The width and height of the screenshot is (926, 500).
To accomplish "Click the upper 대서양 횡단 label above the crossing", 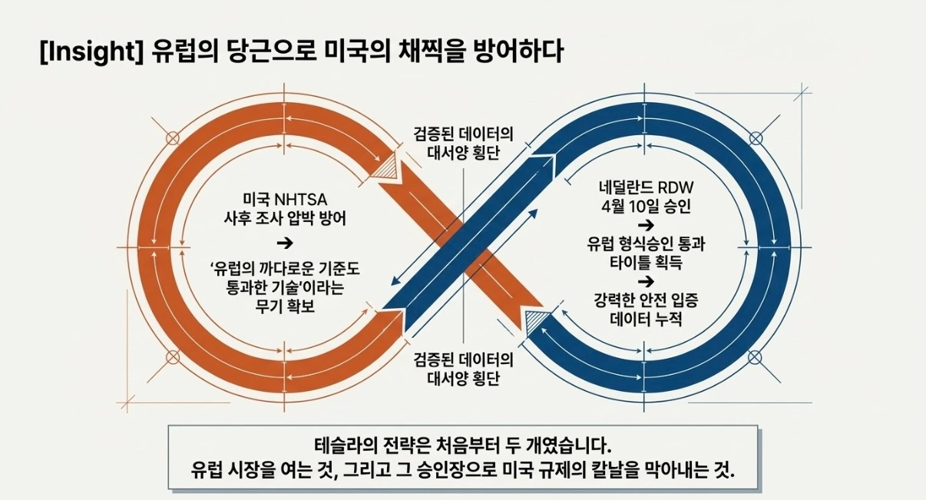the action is pos(464,151).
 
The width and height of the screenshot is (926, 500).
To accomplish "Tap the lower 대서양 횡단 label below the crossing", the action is pos(464,379).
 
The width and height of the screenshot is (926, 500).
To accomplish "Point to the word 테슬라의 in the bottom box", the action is pos(342,445).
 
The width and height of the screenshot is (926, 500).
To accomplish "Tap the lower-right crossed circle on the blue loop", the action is pos(756,356).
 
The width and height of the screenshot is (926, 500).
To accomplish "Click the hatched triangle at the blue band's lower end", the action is pos(536,322).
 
